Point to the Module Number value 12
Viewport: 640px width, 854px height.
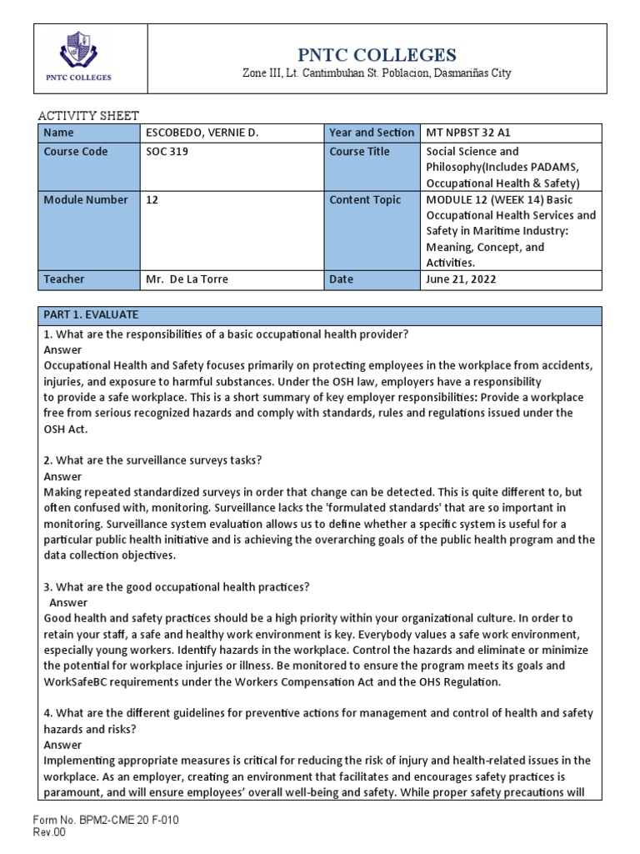[x=152, y=200]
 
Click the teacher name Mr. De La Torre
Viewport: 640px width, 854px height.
[x=186, y=279]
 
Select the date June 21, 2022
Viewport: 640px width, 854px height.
[x=461, y=279]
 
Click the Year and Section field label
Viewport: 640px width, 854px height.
[x=372, y=133]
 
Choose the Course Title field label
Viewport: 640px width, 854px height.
[x=360, y=152]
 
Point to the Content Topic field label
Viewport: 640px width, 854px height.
[x=365, y=200]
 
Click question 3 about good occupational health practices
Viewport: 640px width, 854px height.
[x=176, y=587]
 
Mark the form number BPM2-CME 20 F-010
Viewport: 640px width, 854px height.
[x=105, y=821]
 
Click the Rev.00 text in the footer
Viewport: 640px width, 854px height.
[x=49, y=831]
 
